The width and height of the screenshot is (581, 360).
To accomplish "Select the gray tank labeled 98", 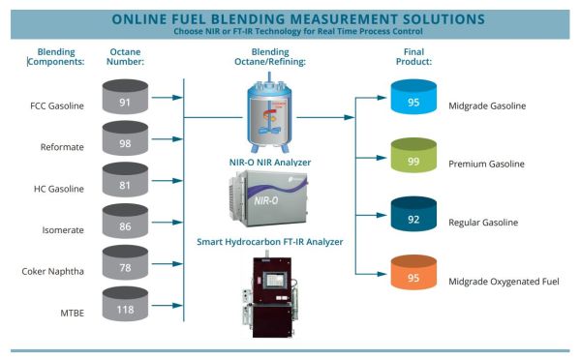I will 125,142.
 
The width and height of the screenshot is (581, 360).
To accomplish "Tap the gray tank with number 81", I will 125,185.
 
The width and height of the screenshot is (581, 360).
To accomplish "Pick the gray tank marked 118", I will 125,309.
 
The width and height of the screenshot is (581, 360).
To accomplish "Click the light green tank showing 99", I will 413,159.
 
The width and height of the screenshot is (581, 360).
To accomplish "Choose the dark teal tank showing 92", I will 413,218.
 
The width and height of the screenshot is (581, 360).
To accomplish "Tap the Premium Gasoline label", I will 486,164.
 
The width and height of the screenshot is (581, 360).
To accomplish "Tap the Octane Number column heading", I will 126,56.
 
